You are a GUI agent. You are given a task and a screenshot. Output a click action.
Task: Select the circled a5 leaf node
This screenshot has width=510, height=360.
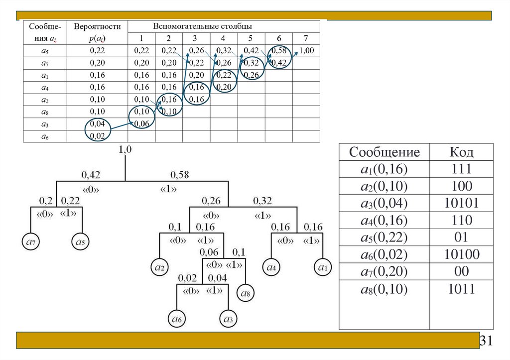80,241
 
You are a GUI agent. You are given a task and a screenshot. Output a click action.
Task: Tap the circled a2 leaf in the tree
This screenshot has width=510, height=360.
160,268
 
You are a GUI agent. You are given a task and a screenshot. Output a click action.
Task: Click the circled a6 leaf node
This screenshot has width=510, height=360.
177,318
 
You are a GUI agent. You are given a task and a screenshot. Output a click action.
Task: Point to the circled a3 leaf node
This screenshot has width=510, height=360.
228,318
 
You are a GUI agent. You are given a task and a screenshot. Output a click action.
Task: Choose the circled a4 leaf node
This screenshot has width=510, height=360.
272,268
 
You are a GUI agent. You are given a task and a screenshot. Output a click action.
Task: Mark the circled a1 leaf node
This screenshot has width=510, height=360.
323,268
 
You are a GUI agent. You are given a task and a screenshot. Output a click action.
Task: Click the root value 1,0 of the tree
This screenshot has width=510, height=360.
125,149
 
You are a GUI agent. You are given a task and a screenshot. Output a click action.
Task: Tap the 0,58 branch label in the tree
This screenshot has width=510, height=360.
180,175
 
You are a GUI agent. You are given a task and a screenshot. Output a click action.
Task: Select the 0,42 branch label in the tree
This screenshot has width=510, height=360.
92,175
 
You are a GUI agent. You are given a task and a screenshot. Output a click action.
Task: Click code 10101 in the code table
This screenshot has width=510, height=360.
462,204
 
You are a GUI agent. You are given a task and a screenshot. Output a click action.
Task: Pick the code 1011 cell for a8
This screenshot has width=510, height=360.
462,289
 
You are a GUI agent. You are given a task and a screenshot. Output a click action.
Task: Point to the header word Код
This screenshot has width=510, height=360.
462,152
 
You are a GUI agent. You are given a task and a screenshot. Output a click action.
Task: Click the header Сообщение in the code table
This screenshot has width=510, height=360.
384,152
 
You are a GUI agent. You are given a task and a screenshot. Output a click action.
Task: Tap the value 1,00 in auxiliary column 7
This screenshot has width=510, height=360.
306,50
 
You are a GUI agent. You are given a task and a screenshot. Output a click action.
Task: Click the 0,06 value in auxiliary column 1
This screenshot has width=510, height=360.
141,123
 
